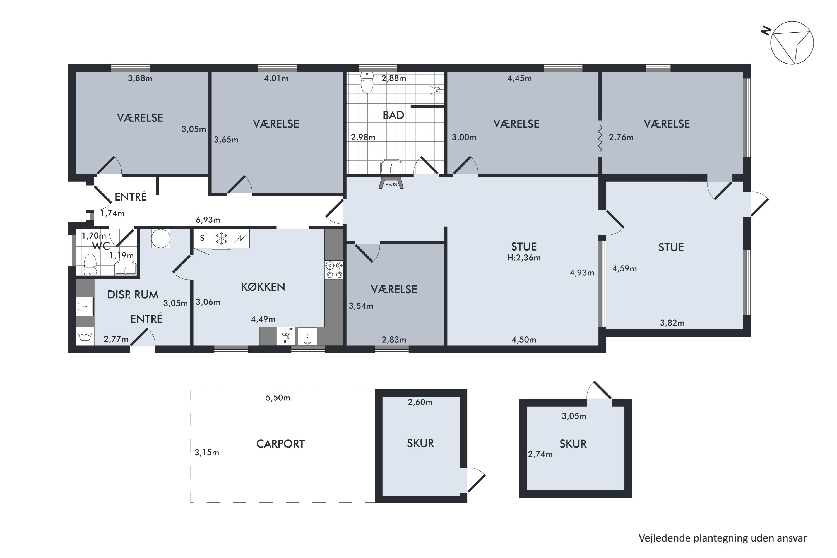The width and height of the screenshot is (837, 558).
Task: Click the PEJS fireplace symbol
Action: coord(391,182)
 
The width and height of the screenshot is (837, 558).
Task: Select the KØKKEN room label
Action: coord(263,287)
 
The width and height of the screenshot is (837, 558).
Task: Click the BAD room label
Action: coord(393,115)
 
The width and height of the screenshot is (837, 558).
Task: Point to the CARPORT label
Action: coord(280,444)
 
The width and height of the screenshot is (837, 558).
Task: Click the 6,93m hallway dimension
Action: coord(208,220)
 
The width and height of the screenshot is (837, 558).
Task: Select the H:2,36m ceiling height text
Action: coord(524,258)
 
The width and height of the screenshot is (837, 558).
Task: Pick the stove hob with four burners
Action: coord(334,270)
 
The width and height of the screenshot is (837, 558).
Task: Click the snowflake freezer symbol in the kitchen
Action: coord(221,239)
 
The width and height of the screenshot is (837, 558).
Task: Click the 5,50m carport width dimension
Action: coord(278,398)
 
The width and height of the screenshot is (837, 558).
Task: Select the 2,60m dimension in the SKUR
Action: coord(420,402)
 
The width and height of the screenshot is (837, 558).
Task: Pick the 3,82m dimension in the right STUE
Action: coord(672,323)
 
